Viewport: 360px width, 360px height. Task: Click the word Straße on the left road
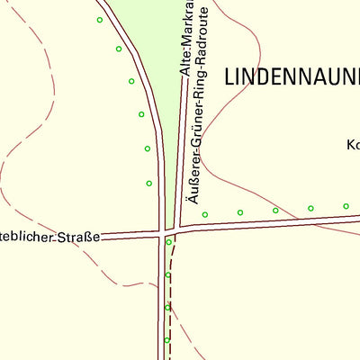point(79,237)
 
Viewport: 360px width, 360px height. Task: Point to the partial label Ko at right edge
point(353,144)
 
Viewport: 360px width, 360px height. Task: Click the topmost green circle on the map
point(100,20)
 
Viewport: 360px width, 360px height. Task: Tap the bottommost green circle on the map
point(167,340)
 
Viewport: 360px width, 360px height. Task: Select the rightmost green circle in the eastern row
point(346,206)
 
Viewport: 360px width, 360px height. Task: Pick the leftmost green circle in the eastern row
point(205,214)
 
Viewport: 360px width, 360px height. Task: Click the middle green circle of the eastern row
point(275,211)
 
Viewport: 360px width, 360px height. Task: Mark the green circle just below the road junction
point(168,242)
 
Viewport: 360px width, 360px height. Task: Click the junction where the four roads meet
point(167,231)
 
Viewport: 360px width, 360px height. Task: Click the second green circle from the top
point(119,49)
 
